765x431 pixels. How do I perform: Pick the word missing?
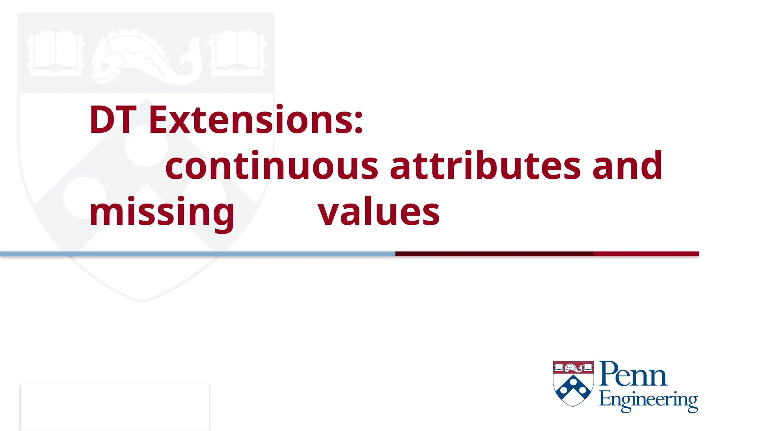[x=162, y=213]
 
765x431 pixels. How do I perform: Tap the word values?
[x=378, y=213]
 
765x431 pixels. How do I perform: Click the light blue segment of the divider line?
[x=198, y=254]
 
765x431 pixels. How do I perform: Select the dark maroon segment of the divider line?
[x=494, y=254]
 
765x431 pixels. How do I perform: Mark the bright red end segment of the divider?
[x=646, y=254]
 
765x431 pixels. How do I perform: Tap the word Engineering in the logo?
[x=648, y=400]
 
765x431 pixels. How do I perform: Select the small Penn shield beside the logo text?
[x=573, y=383]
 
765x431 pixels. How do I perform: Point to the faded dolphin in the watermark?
[x=146, y=56]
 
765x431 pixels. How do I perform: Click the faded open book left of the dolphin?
[x=55, y=52]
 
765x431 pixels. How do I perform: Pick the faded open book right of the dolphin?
[x=237, y=52]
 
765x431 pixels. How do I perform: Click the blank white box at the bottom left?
[x=115, y=407]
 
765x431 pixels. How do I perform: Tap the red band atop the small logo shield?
[x=573, y=367]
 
